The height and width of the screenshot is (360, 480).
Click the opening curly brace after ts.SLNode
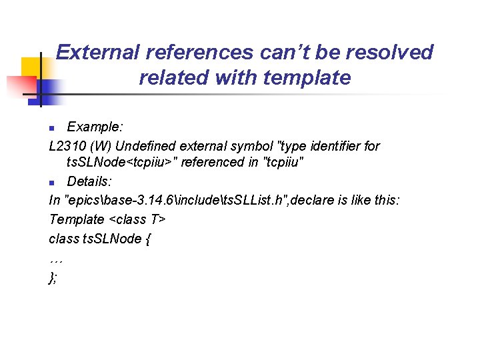pyautogui.click(x=147, y=239)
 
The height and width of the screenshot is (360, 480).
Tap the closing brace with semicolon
pyautogui.click(x=53, y=277)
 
